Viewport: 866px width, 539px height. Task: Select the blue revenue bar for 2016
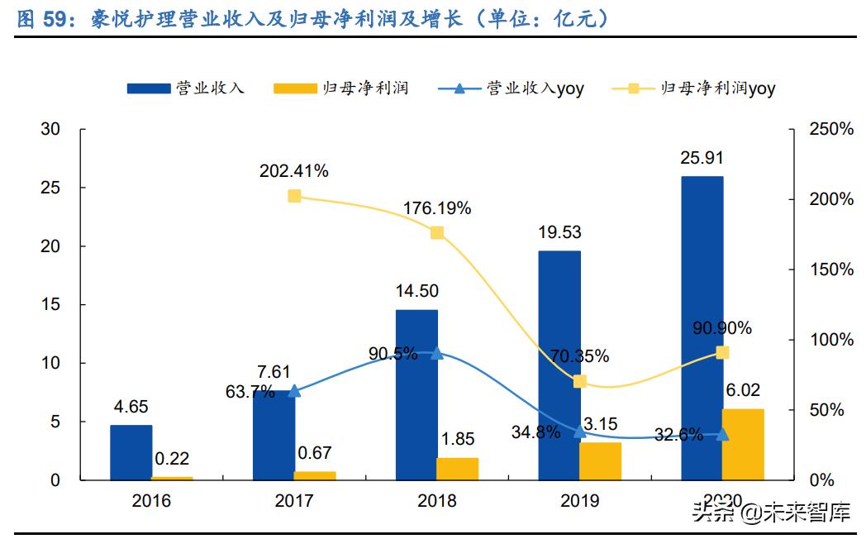coord(131,452)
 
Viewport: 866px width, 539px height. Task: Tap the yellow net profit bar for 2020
coord(743,444)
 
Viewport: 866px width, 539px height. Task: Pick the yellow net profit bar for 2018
coord(458,469)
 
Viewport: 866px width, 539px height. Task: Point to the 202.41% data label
coord(293,172)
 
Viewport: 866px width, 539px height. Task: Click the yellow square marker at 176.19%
coord(437,233)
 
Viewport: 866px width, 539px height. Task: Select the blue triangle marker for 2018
coord(437,354)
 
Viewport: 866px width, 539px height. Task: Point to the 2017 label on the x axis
coord(294,501)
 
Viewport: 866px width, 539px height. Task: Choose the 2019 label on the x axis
coord(579,501)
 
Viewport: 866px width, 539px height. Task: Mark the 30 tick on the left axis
coord(51,130)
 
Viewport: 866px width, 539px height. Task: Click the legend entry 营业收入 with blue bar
coord(186,88)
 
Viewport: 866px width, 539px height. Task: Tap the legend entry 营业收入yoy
coord(512,88)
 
